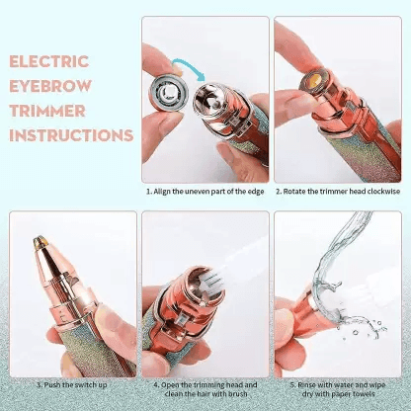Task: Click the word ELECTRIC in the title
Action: click(51, 61)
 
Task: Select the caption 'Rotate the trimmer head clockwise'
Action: click(339, 193)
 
